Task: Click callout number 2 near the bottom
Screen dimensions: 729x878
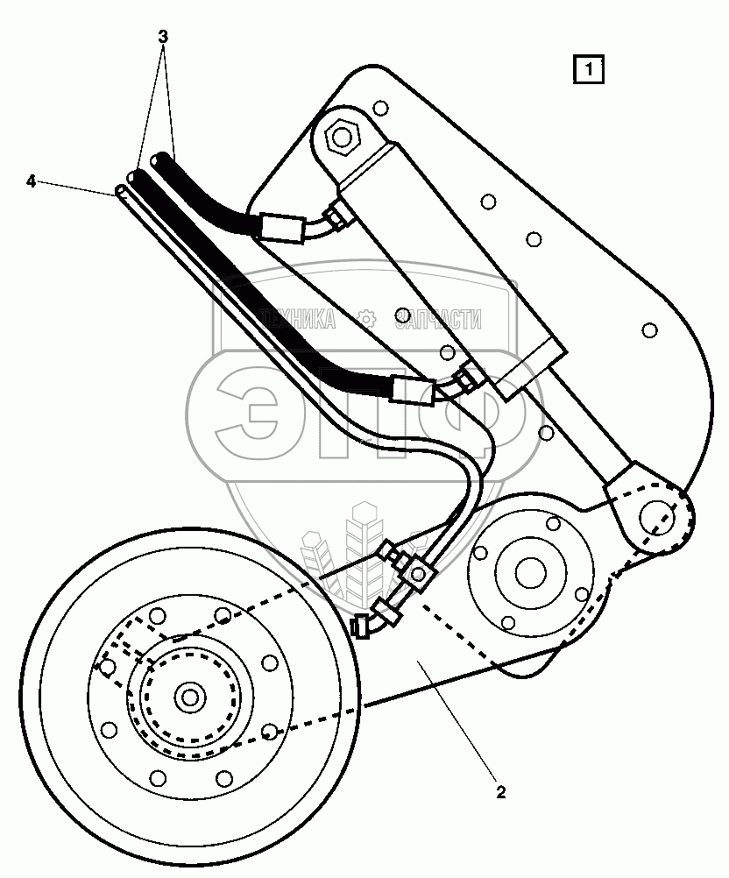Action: coord(500,793)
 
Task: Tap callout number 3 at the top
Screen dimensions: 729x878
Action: coord(163,37)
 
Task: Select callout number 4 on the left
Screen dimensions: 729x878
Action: coord(31,181)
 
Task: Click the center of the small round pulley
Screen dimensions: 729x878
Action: coord(529,572)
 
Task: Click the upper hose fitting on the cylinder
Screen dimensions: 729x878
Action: coord(333,213)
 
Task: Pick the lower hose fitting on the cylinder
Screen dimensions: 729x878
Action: coord(464,377)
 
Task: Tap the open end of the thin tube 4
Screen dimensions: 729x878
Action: coord(122,191)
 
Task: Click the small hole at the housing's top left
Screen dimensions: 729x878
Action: coord(379,108)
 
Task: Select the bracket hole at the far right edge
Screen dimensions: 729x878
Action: coord(649,330)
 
